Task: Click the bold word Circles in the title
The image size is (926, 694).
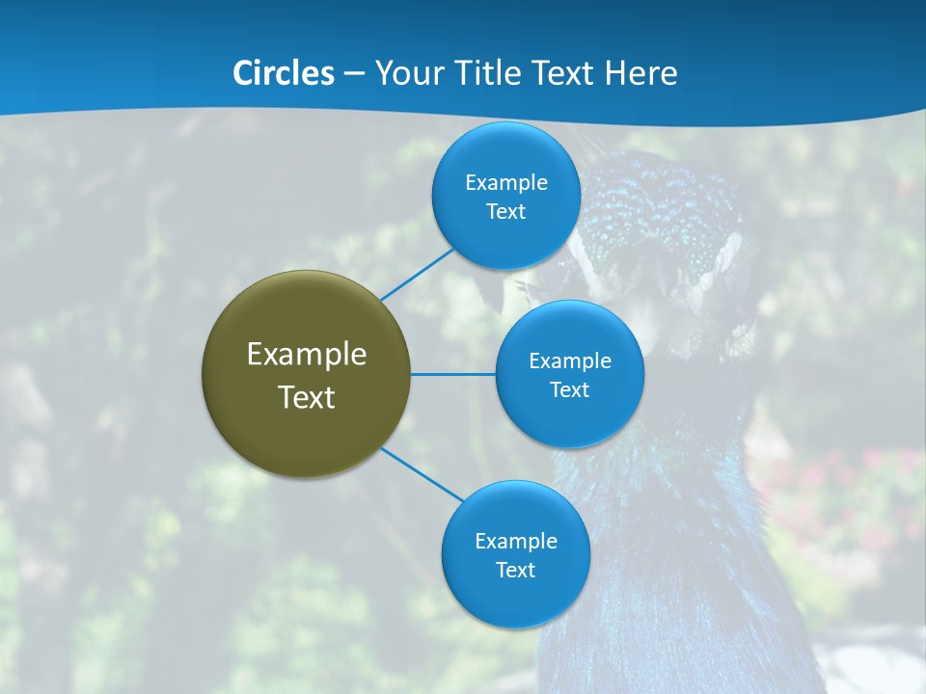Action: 284,73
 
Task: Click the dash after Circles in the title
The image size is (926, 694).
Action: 354,74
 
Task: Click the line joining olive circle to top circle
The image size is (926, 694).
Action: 418,274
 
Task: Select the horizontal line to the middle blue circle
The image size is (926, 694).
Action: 453,374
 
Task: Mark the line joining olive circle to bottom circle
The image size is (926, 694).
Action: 422,475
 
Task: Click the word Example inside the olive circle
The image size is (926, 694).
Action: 307,355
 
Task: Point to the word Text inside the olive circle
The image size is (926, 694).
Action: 307,397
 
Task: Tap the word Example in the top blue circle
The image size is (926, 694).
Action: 506,183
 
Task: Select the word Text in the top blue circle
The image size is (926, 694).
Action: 506,212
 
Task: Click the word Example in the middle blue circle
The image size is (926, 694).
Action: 570,361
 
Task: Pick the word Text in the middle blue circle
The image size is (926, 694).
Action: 570,390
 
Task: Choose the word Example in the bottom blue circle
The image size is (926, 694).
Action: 516,542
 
